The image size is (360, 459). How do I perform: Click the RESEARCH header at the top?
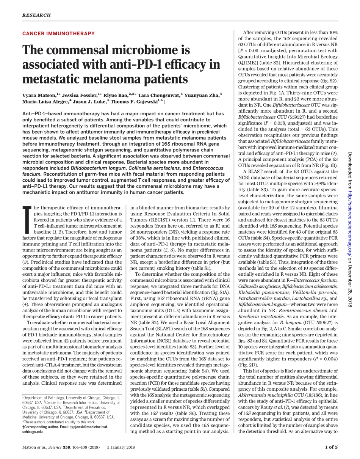[36, 15]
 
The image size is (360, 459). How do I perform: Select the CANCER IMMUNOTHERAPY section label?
[58, 34]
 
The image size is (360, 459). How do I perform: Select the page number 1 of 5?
[331, 447]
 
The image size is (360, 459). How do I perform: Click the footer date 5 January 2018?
[121, 447]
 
